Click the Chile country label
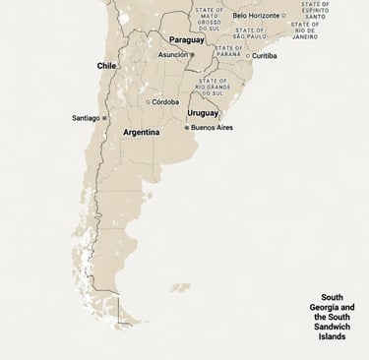pos(106,65)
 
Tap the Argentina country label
pos(141,131)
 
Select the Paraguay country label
pos(187,40)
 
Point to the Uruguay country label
pos(203,113)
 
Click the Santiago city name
pos(86,118)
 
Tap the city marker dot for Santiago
pos(105,118)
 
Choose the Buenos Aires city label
pos(212,127)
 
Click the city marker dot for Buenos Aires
pos(186,127)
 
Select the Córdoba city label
pos(165,101)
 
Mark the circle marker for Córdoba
pos(148,101)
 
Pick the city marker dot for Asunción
pos(192,55)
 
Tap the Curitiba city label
pos(264,56)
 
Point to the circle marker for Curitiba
pos(248,56)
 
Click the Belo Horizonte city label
pos(256,16)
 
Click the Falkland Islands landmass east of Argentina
pos(179,288)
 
